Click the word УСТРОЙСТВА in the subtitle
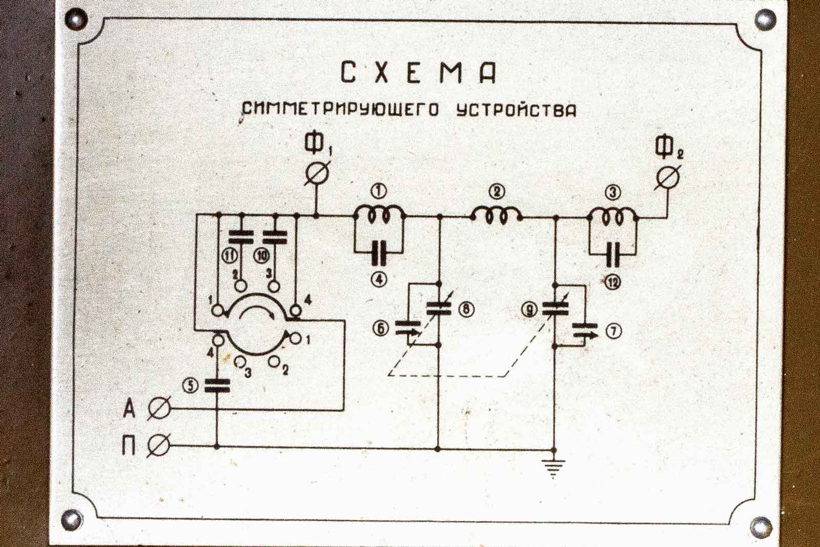tap(516, 110)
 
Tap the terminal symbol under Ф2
tap(669, 178)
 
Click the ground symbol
tap(553, 467)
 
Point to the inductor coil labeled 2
tap(496, 216)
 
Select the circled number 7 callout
tap(614, 332)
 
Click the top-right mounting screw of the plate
tap(764, 20)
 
